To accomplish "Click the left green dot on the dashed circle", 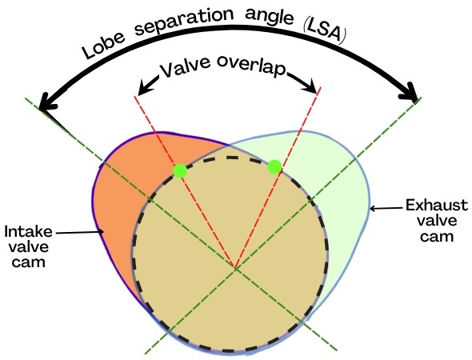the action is point(180,170).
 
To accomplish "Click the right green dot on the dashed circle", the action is point(274,166).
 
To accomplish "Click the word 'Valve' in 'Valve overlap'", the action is point(184,66).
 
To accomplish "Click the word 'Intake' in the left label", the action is point(28,232).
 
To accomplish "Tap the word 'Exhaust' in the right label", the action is point(437,206).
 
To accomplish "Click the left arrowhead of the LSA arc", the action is point(48,104).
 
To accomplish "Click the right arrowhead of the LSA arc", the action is point(410,92).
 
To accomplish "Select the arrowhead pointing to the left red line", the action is point(145,87).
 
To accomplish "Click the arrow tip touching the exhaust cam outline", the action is point(370,208).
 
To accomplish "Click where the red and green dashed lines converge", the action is point(235,267).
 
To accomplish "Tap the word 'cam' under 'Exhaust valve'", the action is point(437,236).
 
